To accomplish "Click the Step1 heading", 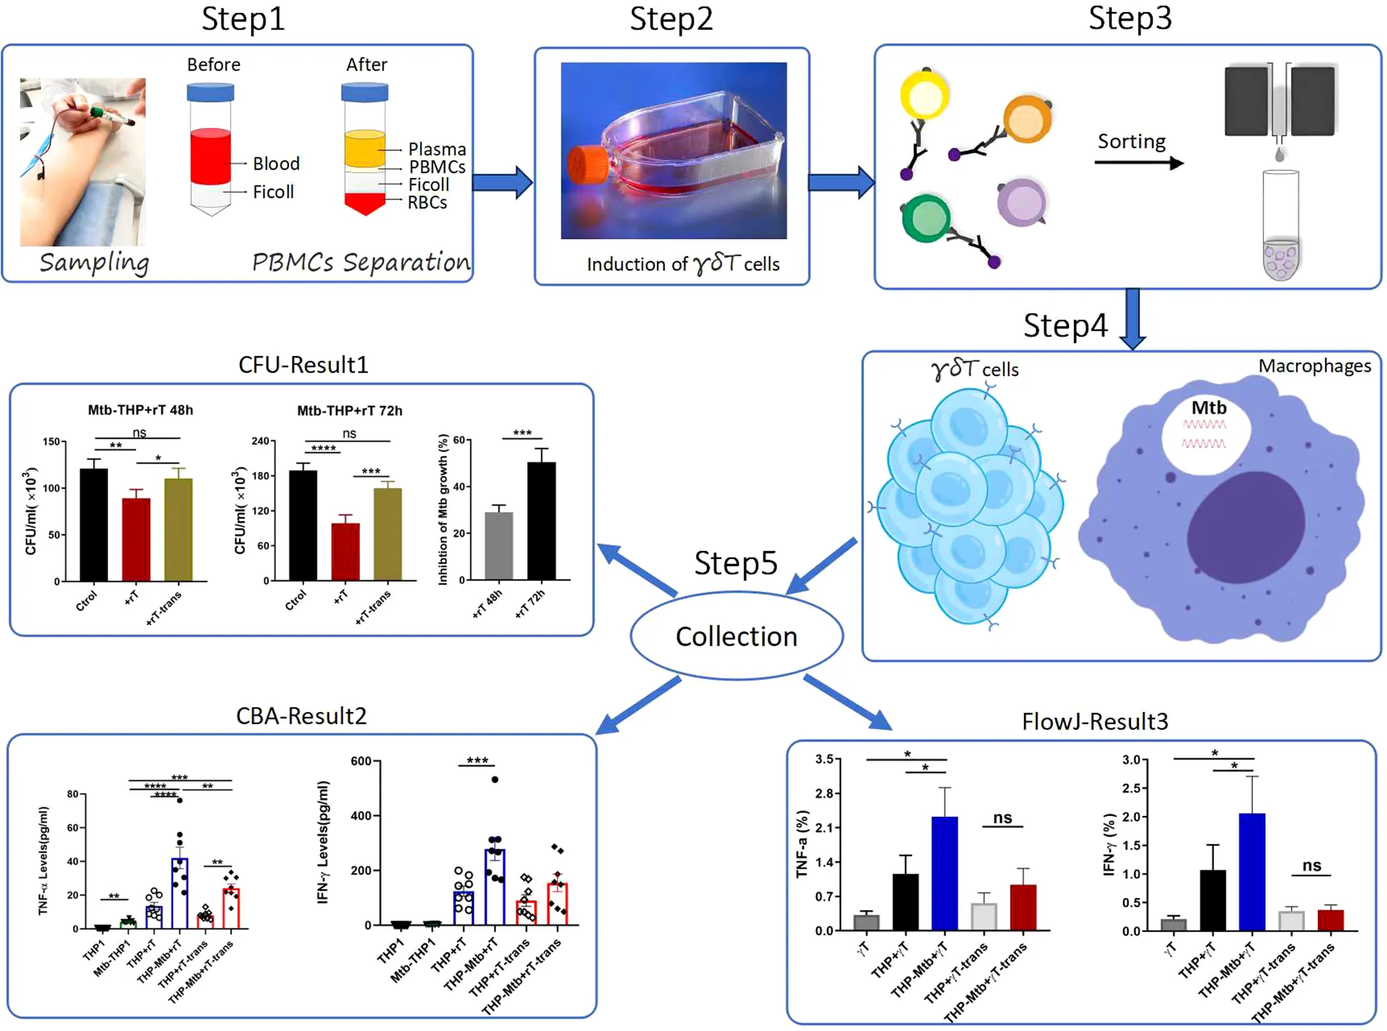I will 243,19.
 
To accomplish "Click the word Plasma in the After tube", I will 437,150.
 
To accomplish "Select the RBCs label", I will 427,203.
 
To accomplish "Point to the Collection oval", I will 736,636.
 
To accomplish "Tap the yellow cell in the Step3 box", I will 924,96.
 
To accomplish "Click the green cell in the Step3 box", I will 926,218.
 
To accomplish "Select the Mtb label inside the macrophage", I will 1208,408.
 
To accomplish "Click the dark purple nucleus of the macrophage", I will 1245,527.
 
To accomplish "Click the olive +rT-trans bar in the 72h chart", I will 387,534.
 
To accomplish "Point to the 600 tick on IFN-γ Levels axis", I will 361,761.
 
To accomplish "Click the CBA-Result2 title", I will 301,716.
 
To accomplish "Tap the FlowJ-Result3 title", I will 1095,721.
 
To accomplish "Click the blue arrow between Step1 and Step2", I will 502,182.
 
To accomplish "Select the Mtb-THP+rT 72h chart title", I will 349,411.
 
